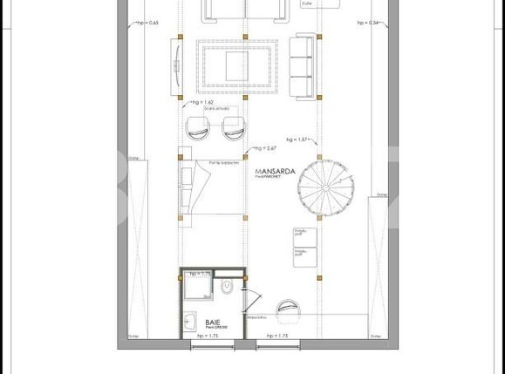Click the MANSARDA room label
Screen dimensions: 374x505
pyautogui.click(x=273, y=173)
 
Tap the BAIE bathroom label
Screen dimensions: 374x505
pyautogui.click(x=191, y=322)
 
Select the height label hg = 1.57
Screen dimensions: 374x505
pyautogui.click(x=297, y=139)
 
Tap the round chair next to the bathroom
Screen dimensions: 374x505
pyautogui.click(x=288, y=309)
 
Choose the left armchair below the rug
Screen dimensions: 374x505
pyautogui.click(x=198, y=129)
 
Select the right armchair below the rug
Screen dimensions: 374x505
pyautogui.click(x=234, y=129)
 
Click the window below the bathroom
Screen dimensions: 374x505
pyautogui.click(x=212, y=345)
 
